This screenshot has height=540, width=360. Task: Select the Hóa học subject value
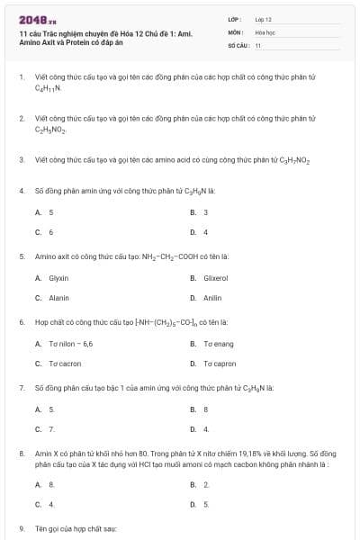(264, 31)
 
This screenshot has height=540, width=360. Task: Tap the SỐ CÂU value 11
(258, 44)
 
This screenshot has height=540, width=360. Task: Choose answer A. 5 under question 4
(45, 212)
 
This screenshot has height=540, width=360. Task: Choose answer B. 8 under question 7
(199, 409)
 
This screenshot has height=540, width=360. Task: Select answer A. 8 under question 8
(45, 484)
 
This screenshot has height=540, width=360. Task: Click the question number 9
(21, 528)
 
